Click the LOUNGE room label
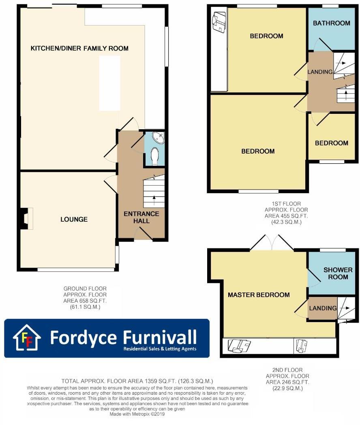pos(74,219)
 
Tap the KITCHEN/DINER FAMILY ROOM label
pos(79,49)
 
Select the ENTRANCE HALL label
pos(141,217)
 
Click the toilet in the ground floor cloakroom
pos(154,156)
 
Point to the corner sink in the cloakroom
pos(159,138)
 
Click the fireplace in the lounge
pos(26,218)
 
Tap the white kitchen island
pos(110,83)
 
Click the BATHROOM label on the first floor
pos(331,23)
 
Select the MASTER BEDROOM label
pos(259,295)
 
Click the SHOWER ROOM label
pos(338,273)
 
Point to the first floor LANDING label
pos(320,72)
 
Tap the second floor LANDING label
pos(323,308)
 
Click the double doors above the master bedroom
pos(272,243)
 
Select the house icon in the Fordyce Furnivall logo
pos(27,337)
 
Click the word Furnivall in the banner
pos(160,337)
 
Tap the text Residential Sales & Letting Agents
pos(160,349)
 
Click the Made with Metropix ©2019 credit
pos(137,414)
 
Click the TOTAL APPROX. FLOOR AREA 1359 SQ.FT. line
pos(137,381)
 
